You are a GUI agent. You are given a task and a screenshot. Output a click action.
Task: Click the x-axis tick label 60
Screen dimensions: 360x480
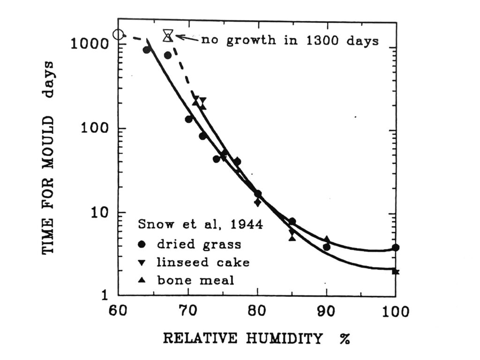pos(118,312)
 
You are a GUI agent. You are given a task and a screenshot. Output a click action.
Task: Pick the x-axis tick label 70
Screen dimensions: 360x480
pos(187,312)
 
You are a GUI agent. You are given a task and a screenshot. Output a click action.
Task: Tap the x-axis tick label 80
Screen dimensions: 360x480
pos(257,312)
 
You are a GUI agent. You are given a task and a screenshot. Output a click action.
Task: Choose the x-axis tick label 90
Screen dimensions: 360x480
pos(327,312)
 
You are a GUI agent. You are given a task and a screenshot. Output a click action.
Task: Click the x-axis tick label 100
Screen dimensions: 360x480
pos(394,312)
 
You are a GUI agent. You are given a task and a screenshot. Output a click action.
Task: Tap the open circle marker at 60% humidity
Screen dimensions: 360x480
pos(119,34)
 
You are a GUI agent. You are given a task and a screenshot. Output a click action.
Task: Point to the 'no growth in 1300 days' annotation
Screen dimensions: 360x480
pos(290,40)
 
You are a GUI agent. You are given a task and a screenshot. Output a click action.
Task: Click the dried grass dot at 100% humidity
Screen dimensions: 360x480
pos(396,247)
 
